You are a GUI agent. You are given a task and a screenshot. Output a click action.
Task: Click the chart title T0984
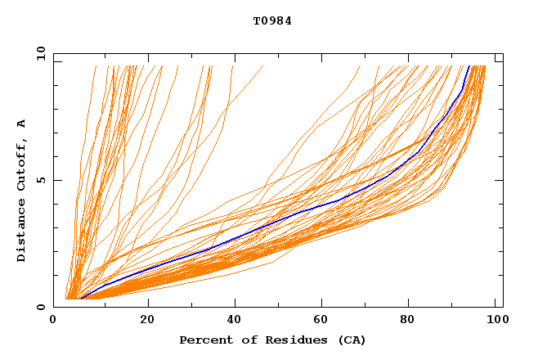[272, 21]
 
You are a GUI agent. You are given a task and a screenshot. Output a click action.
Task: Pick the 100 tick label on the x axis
[494, 321]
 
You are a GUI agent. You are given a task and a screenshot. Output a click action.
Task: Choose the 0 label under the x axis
[54, 321]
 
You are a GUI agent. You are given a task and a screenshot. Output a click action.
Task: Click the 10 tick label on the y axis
[39, 54]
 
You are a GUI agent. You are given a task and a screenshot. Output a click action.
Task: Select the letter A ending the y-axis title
[21, 124]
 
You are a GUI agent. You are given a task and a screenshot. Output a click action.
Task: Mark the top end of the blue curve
[469, 65]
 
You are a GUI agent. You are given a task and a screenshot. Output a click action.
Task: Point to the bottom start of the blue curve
[81, 299]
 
